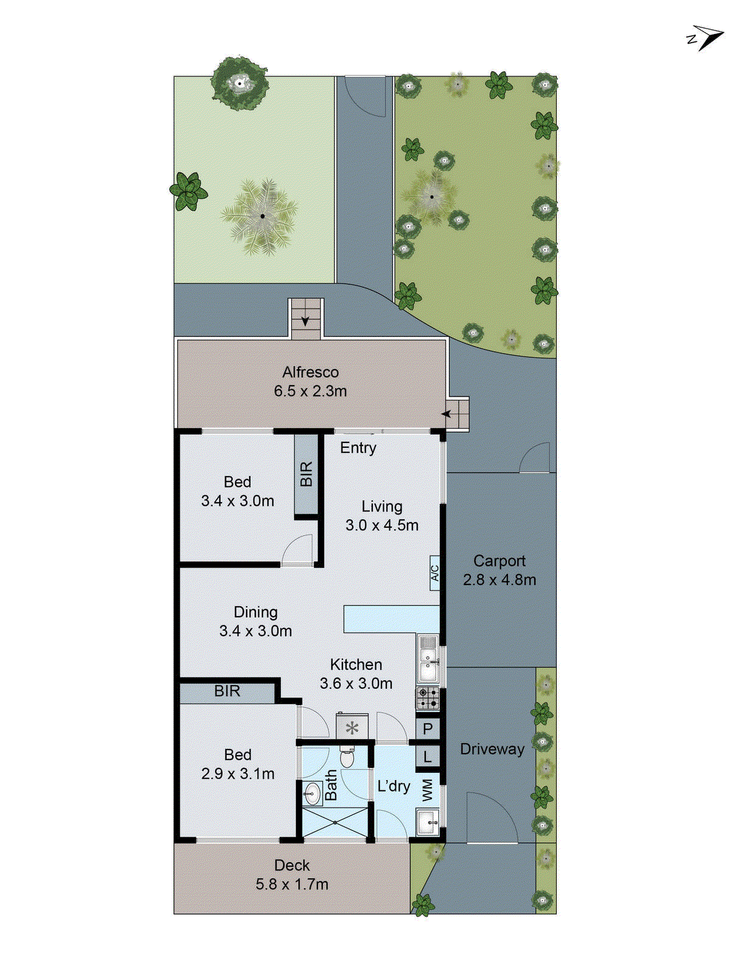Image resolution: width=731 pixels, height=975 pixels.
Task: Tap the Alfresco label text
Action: [x=310, y=372]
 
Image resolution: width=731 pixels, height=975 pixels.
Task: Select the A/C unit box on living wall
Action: [x=435, y=573]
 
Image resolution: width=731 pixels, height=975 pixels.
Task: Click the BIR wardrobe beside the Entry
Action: [x=306, y=474]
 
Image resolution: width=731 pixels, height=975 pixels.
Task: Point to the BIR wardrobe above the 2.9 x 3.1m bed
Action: [x=227, y=692]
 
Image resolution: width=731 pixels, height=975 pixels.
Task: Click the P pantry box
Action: [x=428, y=728]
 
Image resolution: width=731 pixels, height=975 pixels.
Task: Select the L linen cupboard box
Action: [x=428, y=757]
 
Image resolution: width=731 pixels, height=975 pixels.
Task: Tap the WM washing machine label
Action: [x=428, y=790]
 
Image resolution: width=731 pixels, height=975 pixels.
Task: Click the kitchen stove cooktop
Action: [x=428, y=698]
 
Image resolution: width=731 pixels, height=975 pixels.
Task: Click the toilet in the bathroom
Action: [x=347, y=757]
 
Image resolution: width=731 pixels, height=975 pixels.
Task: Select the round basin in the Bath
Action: [x=313, y=793]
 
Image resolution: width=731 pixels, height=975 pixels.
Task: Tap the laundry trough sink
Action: [x=428, y=823]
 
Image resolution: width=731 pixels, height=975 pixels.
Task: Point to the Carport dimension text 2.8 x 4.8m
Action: [x=500, y=580]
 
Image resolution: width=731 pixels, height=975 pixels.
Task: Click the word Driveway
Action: [x=492, y=749]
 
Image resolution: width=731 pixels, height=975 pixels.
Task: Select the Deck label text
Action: [x=292, y=865]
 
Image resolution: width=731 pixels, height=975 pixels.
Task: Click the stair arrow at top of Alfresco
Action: [x=305, y=320]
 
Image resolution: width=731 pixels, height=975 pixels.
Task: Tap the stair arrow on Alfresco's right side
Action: [x=448, y=414]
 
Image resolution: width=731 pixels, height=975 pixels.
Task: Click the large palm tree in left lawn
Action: [x=262, y=216]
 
